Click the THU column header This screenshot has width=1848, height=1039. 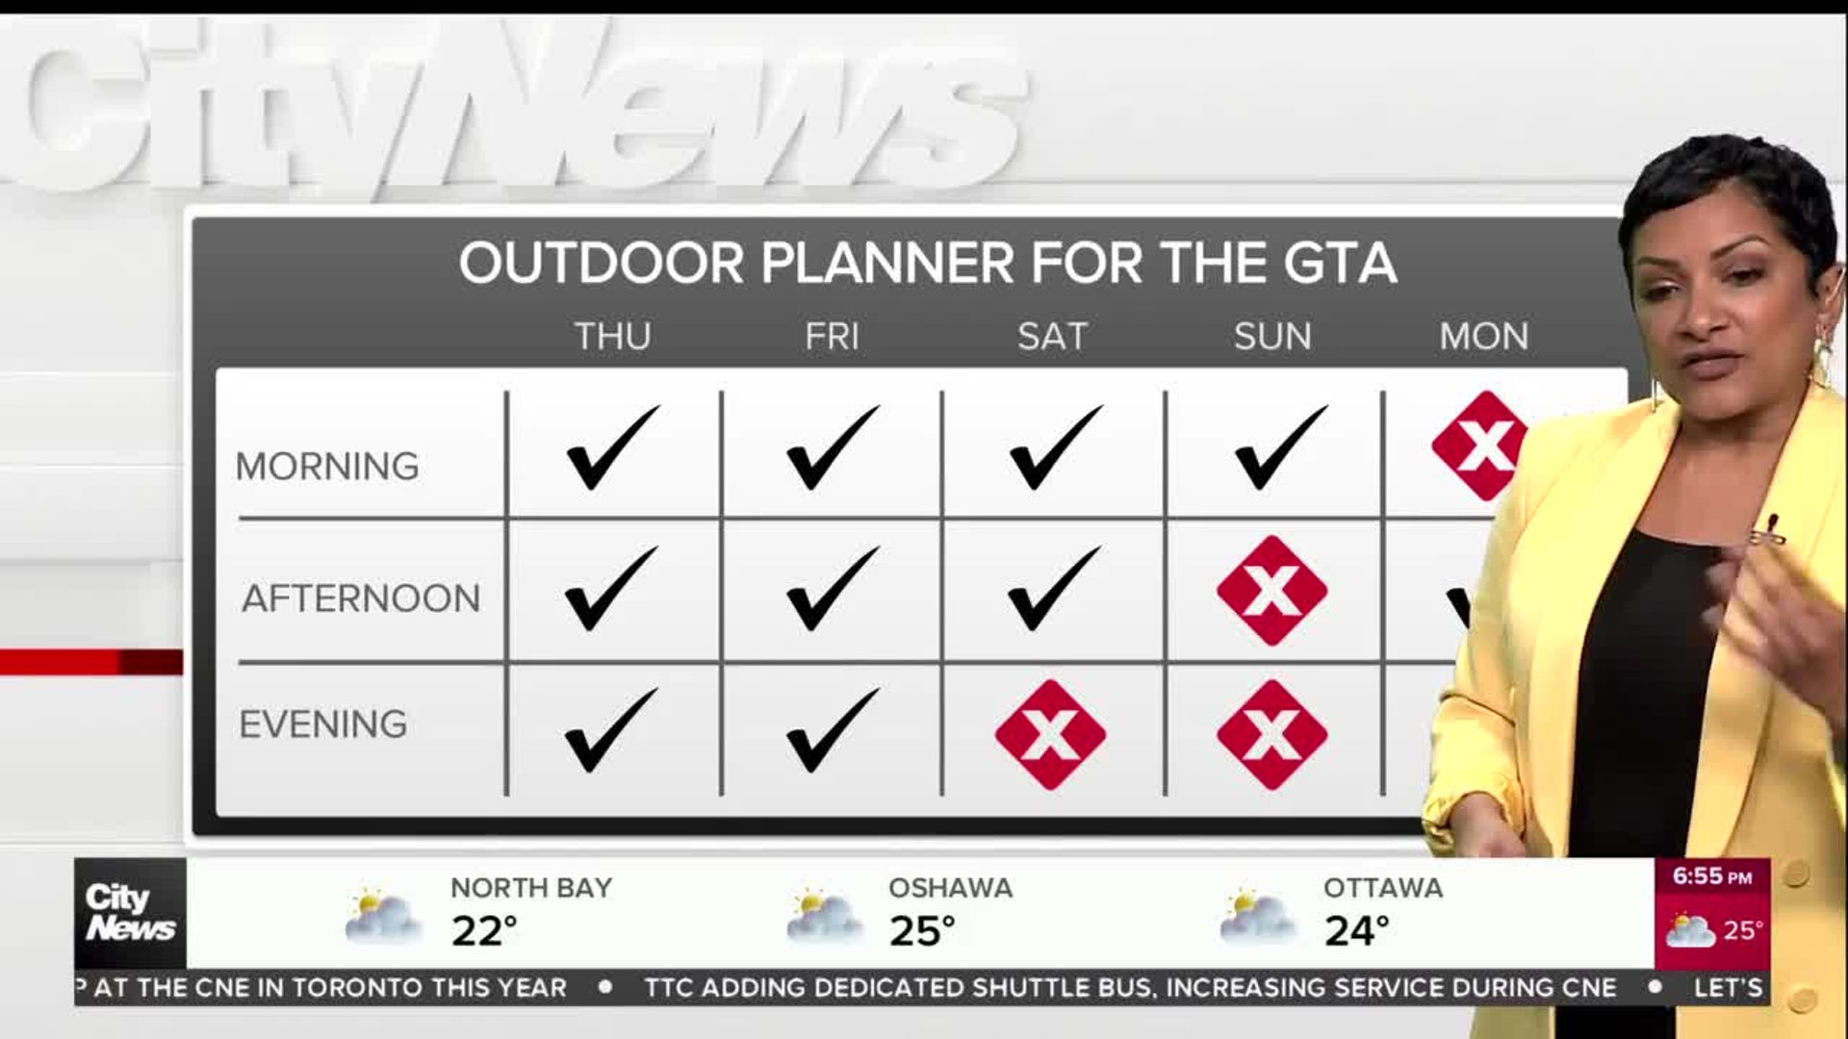(613, 337)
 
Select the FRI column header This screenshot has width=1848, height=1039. (833, 337)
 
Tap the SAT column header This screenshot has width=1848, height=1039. (1052, 337)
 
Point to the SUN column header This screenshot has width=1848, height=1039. (1272, 337)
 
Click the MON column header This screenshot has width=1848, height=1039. (1483, 337)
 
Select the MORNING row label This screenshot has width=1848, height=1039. (327, 467)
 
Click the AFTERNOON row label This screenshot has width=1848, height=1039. (361, 598)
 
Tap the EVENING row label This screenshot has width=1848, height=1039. (323, 724)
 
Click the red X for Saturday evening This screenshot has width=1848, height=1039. (1050, 735)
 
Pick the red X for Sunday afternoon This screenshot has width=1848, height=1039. (1272, 591)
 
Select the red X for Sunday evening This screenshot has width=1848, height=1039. (1272, 735)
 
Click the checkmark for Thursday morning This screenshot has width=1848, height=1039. (613, 447)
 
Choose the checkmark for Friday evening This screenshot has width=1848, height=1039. (833, 730)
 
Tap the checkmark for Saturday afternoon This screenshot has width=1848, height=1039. (1054, 589)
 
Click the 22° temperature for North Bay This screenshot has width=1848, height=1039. (485, 931)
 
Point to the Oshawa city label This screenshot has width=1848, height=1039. (950, 888)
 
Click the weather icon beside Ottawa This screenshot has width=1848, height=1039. (1257, 916)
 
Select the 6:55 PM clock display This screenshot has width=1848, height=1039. (1712, 876)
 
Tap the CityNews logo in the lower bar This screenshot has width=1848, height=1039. (130, 913)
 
